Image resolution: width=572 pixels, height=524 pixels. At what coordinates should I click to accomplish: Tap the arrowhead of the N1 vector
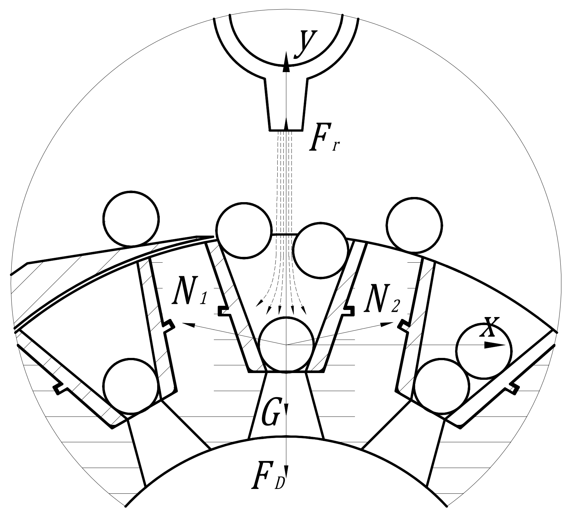tap(188, 325)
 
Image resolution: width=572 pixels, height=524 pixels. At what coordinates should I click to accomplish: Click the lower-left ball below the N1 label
tap(131, 386)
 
